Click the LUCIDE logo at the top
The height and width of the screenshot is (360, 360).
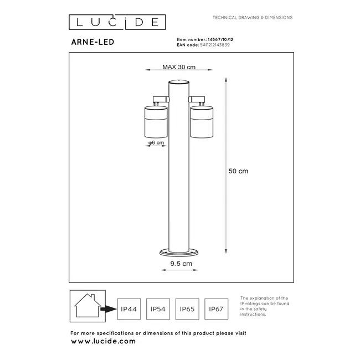point(117,22)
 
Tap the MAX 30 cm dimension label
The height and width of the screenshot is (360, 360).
point(179,68)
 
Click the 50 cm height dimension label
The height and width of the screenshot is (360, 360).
point(238,171)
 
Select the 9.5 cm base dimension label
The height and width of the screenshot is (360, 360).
point(182,264)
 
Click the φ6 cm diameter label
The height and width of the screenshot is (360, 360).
point(156,143)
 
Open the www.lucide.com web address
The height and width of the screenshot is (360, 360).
point(103,341)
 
